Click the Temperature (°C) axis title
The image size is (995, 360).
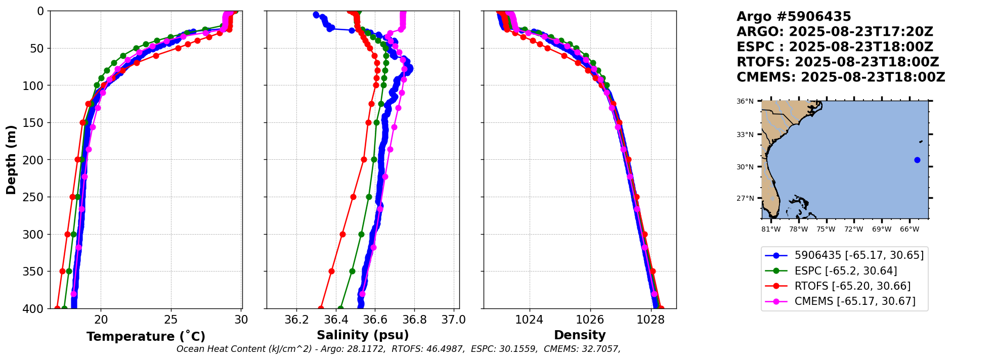click(146, 336)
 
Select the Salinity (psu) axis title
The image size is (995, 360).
click(363, 335)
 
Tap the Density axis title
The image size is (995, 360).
click(580, 335)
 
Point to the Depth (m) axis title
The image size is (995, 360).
click(11, 160)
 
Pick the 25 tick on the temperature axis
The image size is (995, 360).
click(171, 320)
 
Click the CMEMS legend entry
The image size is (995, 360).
click(855, 301)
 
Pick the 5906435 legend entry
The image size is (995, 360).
click(859, 255)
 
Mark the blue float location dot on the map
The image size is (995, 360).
click(917, 160)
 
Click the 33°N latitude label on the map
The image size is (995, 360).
click(745, 134)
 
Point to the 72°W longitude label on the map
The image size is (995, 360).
click(854, 230)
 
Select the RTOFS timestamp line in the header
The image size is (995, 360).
click(838, 62)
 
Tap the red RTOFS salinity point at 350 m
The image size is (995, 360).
click(332, 271)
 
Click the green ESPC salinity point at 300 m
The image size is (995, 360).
click(361, 234)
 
